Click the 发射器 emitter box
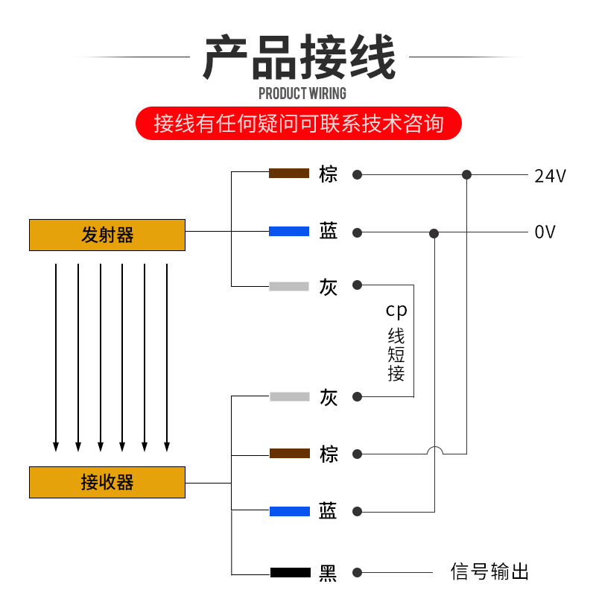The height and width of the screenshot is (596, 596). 107,235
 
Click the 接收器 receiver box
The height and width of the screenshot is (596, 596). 107,482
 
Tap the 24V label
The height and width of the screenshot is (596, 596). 550,177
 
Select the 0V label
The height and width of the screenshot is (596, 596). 545,232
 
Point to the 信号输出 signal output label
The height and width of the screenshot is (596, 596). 489,572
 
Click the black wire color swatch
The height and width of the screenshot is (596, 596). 290,573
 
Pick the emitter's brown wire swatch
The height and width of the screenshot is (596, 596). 289,174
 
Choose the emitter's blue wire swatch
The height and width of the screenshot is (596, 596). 289,232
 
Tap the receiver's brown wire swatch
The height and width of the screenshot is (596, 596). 289,454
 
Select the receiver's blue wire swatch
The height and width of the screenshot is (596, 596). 289,511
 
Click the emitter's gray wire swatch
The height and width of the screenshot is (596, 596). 289,286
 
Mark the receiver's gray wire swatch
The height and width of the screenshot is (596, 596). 289,397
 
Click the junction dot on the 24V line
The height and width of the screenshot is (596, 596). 466,175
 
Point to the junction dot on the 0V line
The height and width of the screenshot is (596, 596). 434,233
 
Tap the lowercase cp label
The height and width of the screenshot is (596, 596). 396,309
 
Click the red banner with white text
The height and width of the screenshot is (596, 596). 298,124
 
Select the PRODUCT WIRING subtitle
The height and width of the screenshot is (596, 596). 302,93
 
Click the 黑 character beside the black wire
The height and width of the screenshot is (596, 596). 328,573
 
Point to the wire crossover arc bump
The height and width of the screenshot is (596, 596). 434,449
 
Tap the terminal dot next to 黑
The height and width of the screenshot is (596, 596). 358,572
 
